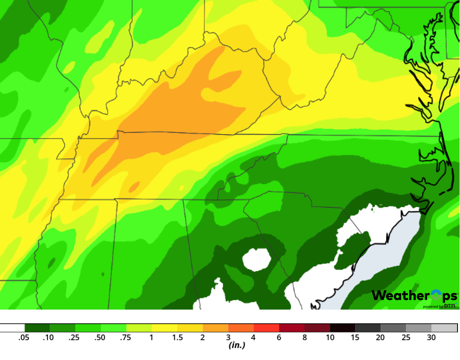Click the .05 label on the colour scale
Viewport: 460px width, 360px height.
click(x=24, y=337)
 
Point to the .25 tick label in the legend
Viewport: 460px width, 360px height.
click(x=75, y=337)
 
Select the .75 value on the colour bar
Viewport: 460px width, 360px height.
click(x=126, y=337)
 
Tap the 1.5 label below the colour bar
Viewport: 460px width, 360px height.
click(x=177, y=337)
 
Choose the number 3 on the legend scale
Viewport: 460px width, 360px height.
click(x=228, y=337)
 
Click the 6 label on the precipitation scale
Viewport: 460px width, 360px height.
click(x=279, y=337)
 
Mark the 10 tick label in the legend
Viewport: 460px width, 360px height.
click(x=330, y=337)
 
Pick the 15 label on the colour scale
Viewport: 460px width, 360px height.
click(x=355, y=337)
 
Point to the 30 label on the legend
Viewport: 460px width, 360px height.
click(x=431, y=337)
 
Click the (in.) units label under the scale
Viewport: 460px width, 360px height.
click(x=236, y=345)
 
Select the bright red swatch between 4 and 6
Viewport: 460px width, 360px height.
click(x=266, y=328)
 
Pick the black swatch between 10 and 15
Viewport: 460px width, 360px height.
click(x=342, y=328)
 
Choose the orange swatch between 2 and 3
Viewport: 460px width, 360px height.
click(x=216, y=328)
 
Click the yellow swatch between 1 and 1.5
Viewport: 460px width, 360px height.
click(x=165, y=328)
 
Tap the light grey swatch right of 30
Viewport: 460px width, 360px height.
click(x=444, y=328)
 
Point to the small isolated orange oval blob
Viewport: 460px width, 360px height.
click(x=134, y=186)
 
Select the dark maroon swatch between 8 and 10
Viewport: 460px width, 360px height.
click(x=317, y=328)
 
